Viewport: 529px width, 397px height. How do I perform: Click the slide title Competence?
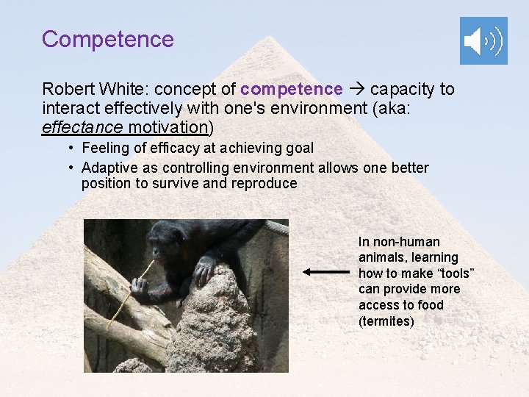pos(108,39)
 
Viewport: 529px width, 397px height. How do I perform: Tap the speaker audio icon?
pos(483,41)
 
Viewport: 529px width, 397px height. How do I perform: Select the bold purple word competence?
pos(292,90)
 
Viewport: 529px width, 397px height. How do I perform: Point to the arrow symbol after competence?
pos(356,90)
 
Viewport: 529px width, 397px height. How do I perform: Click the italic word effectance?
pos(82,127)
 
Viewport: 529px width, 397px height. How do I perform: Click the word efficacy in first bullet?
pos(165,149)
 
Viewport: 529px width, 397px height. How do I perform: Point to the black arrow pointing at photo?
pos(326,271)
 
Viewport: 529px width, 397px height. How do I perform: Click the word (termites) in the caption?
pos(386,321)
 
